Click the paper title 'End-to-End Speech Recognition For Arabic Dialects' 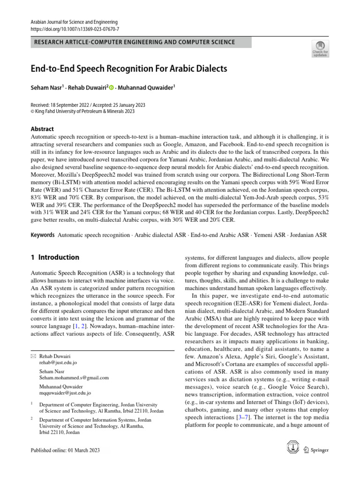click(128, 68)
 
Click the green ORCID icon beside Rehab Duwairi click(112, 88)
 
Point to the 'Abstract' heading click(42, 129)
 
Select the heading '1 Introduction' click(55, 257)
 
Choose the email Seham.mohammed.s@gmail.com click(74, 377)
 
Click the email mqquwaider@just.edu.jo click(65, 393)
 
